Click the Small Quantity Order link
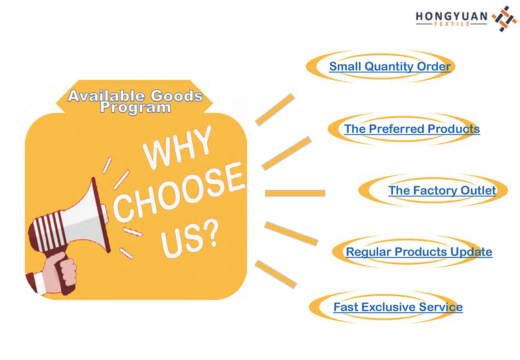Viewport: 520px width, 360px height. pyautogui.click(x=390, y=66)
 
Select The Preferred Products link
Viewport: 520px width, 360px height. pyautogui.click(x=412, y=129)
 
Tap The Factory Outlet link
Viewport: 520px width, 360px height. pyautogui.click(x=442, y=190)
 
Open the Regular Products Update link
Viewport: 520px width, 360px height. pyautogui.click(x=419, y=252)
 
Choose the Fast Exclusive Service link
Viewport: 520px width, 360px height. pyautogui.click(x=398, y=307)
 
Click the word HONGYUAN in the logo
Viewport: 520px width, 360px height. pyautogui.click(x=451, y=16)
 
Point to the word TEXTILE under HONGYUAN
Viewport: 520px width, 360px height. pyautogui.click(x=452, y=24)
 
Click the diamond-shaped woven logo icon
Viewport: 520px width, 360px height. pyautogui.click(x=504, y=19)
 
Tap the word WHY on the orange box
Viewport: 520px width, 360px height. pyautogui.click(x=178, y=148)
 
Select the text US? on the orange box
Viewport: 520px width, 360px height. pyautogui.click(x=189, y=238)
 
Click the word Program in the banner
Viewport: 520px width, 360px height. pyautogui.click(x=135, y=107)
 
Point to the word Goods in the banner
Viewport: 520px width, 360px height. pyautogui.click(x=177, y=96)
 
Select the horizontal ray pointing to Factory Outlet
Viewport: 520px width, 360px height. pyautogui.click(x=295, y=193)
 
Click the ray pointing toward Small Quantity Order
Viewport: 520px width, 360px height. pyautogui.click(x=275, y=110)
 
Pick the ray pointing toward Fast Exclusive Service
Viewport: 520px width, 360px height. pyautogui.click(x=275, y=274)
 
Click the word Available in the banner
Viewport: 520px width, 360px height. pyautogui.click(x=106, y=96)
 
